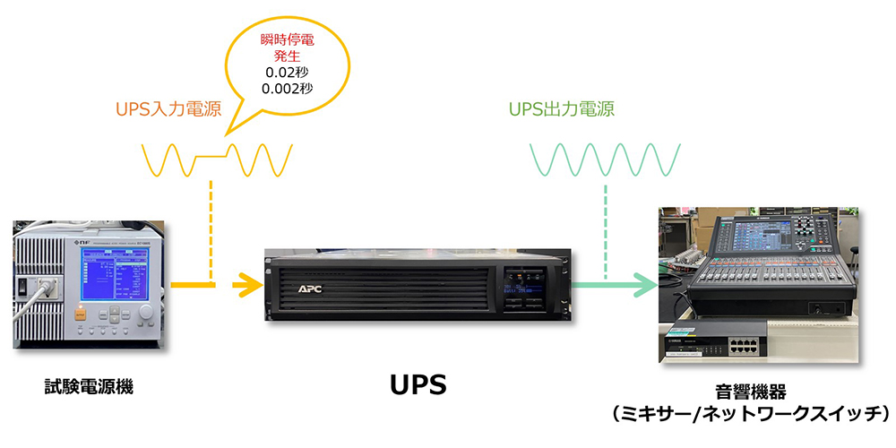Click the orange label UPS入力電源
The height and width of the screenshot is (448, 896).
168,109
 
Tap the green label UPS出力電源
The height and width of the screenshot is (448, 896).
561,109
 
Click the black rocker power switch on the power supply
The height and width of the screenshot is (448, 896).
24,287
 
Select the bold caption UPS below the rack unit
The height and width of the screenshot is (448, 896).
418,385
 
